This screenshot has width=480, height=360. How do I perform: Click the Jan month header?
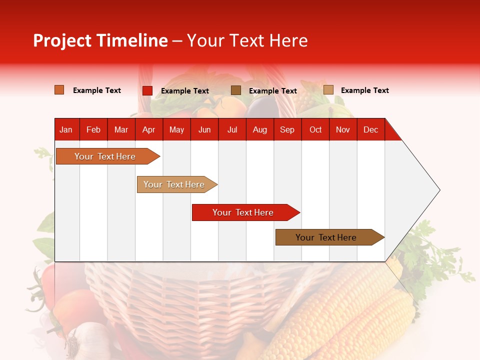[66, 129]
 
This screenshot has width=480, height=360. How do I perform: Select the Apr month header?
[148, 129]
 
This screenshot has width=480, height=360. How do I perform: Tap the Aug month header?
[259, 129]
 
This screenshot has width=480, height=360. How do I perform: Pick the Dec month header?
[370, 129]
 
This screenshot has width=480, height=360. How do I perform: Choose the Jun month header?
[204, 129]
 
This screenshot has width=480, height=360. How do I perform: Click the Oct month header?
[315, 129]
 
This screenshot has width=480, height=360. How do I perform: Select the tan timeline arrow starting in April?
[175, 184]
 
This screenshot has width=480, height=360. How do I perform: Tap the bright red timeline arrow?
[244, 212]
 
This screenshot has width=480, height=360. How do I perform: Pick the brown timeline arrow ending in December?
[327, 237]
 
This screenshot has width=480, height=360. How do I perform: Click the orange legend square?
[59, 90]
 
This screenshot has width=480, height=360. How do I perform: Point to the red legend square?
[147, 90]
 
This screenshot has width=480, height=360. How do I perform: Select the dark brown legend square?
[236, 90]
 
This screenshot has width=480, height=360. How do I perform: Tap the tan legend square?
[328, 90]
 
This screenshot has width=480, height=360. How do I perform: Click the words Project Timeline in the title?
[100, 40]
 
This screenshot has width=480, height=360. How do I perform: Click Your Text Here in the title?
[247, 40]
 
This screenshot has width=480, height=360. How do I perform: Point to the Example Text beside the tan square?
[364, 90]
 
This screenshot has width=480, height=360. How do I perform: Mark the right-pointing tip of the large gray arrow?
[439, 190]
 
